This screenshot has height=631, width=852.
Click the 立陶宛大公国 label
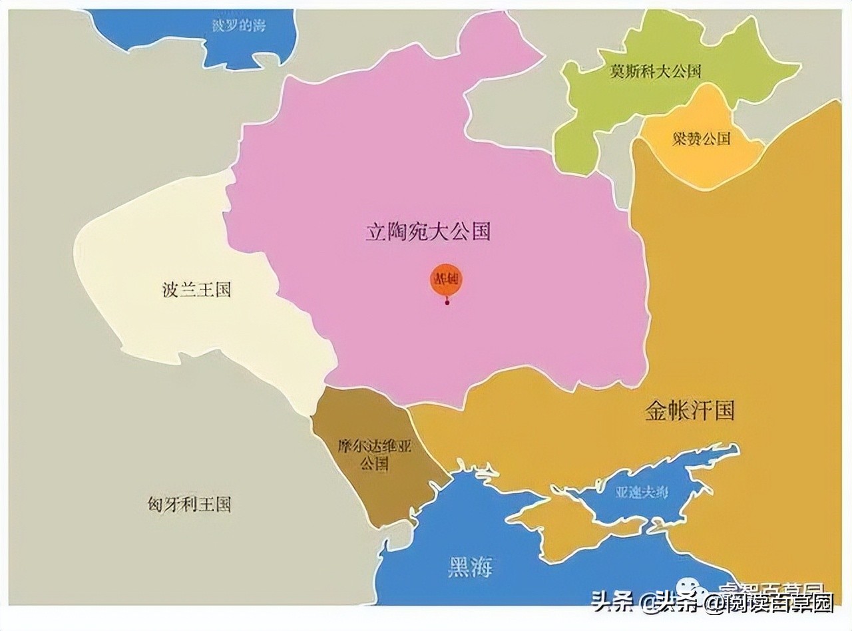click(x=428, y=232)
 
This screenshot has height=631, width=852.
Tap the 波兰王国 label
click(x=196, y=290)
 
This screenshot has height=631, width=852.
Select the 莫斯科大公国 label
click(x=655, y=71)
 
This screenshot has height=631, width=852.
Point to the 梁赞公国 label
click(x=700, y=138)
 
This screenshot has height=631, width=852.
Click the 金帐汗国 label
click(x=689, y=411)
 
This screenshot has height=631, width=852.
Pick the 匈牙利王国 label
click(x=189, y=504)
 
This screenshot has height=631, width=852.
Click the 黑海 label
click(x=469, y=568)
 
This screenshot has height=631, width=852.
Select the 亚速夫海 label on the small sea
click(x=642, y=493)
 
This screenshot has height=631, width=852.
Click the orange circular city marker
click(x=446, y=280)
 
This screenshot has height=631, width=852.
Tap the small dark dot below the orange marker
click(x=447, y=304)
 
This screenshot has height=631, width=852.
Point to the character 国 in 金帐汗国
click(x=724, y=411)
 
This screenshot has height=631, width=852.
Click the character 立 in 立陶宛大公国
click(x=376, y=232)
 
